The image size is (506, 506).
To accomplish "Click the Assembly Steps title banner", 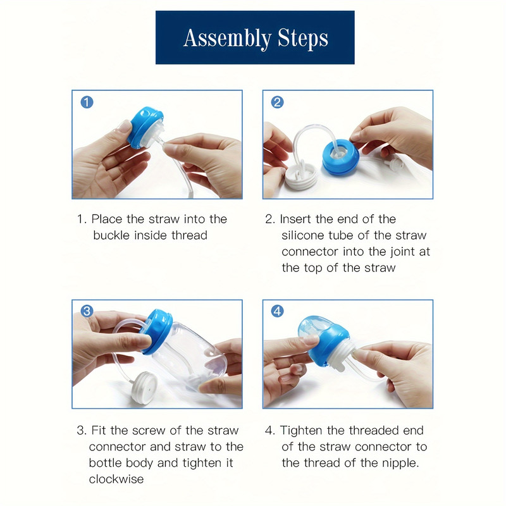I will pyautogui.click(x=255, y=37).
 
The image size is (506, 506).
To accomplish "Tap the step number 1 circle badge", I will pyautogui.click(x=87, y=102).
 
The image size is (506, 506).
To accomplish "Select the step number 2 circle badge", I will pyautogui.click(x=277, y=102).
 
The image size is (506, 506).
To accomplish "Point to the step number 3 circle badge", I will pyautogui.click(x=87, y=311).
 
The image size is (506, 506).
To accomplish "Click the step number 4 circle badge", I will pyautogui.click(x=277, y=311).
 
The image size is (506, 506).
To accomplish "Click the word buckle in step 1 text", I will pyautogui.click(x=111, y=235).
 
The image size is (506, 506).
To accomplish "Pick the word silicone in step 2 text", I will pyautogui.click(x=303, y=235).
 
